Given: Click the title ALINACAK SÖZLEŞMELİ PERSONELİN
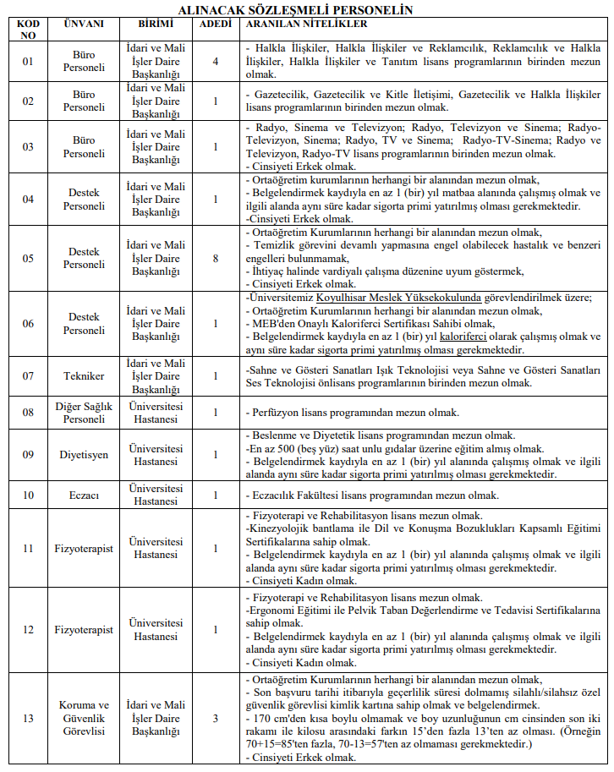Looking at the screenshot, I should tap(306, 10).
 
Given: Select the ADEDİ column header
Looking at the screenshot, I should tap(215, 24).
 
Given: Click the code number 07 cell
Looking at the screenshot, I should tap(28, 376).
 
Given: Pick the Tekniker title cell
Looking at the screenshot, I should tap(84, 376).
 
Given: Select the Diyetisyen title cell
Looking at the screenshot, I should tap(84, 455).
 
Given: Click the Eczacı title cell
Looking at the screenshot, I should tap(84, 495).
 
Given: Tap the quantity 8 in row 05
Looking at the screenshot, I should tap(215, 258).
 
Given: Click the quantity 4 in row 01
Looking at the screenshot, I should tap(215, 62).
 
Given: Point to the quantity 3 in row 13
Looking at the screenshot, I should tap(215, 718).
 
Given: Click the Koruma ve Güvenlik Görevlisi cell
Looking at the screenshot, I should tap(84, 718).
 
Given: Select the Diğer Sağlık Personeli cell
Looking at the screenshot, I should tap(84, 413).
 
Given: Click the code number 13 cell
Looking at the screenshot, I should tap(28, 718).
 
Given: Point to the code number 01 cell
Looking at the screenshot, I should tap(28, 62).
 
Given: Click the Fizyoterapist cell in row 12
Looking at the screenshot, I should tap(84, 630).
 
